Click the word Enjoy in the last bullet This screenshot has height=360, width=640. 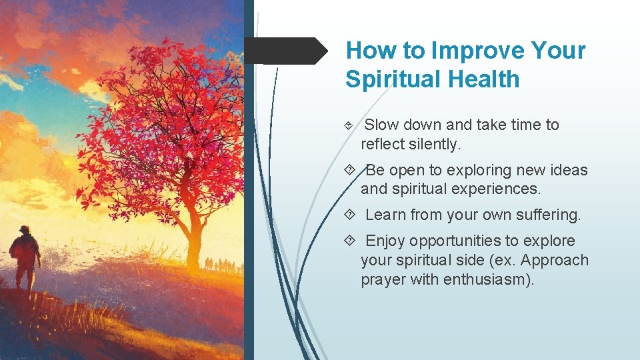385,241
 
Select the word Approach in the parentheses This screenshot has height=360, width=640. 557,259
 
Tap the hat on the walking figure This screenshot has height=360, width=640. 24,229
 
